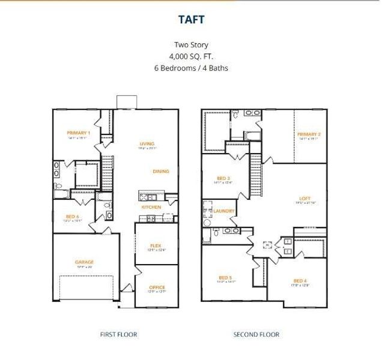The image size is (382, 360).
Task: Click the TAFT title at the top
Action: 192,20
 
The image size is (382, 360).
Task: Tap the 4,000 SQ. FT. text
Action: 192,56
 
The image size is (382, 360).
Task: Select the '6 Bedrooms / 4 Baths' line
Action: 192,68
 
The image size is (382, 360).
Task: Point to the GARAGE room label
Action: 85,262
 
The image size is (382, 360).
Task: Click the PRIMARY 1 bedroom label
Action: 79,133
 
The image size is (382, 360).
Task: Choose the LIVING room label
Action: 147,144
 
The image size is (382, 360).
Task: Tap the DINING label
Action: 160,172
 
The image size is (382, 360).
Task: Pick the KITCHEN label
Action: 151,208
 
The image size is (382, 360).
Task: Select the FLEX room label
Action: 156,245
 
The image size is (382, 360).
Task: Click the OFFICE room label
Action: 157,287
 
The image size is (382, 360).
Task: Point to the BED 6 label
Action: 73,216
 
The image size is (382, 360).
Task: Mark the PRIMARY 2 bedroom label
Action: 309,134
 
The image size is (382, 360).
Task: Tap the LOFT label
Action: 305,199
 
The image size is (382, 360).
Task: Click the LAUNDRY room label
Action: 223,211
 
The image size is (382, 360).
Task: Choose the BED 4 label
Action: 300,281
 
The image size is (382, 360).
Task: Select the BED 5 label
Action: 226,277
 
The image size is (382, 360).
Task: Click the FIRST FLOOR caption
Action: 118,335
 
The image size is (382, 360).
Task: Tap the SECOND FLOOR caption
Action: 256,335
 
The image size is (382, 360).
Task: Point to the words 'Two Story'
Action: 192,45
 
